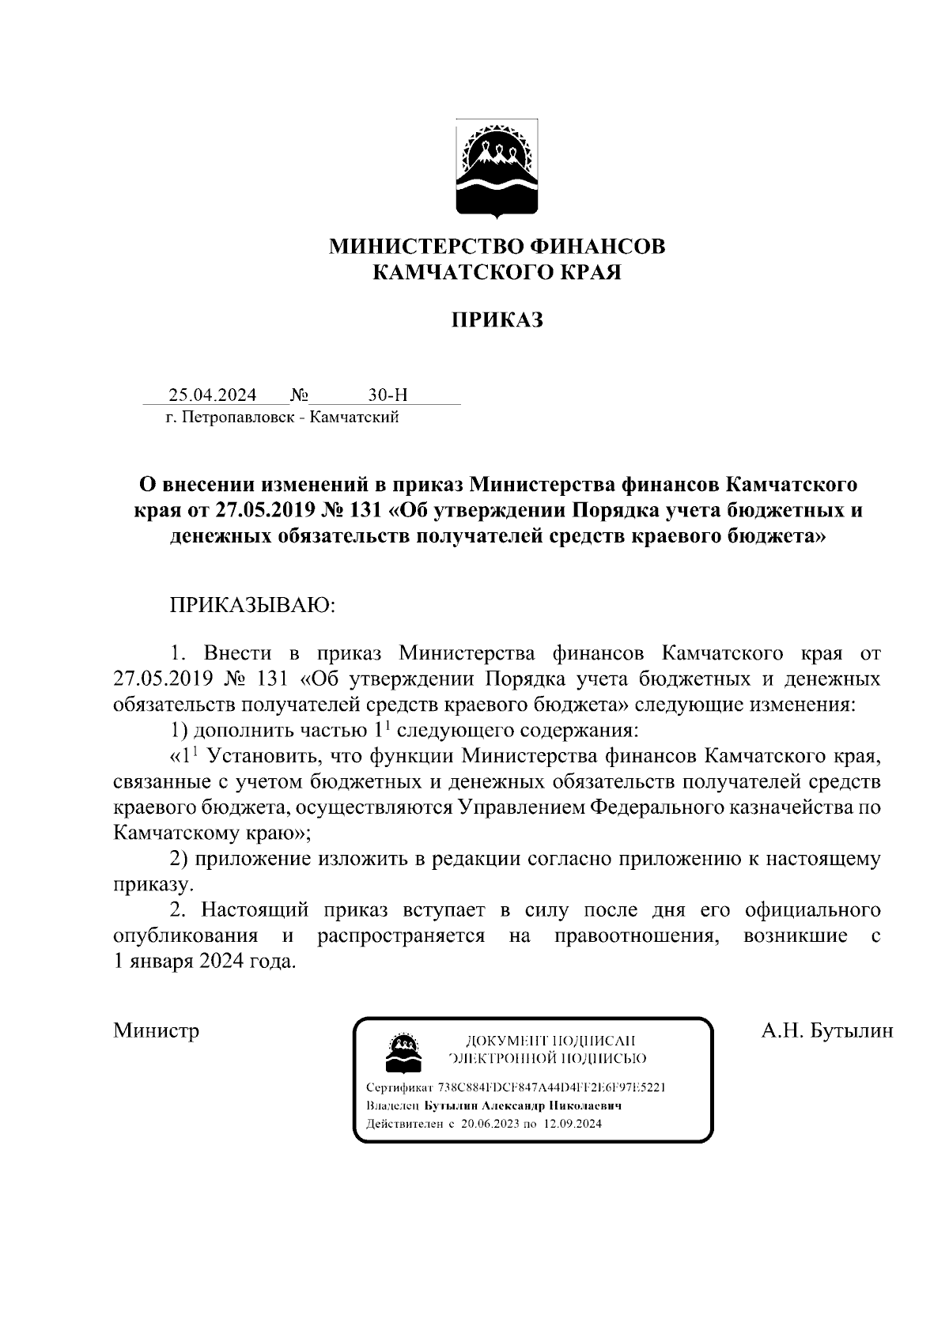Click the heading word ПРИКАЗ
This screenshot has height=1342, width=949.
497,320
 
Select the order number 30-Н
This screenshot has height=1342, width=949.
388,395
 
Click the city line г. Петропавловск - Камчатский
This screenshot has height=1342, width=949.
282,417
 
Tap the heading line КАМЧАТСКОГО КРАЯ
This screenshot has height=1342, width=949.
497,273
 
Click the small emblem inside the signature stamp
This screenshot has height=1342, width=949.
400,1051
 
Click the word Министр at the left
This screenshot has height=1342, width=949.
157,1030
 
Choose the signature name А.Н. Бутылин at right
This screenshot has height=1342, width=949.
826,1030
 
